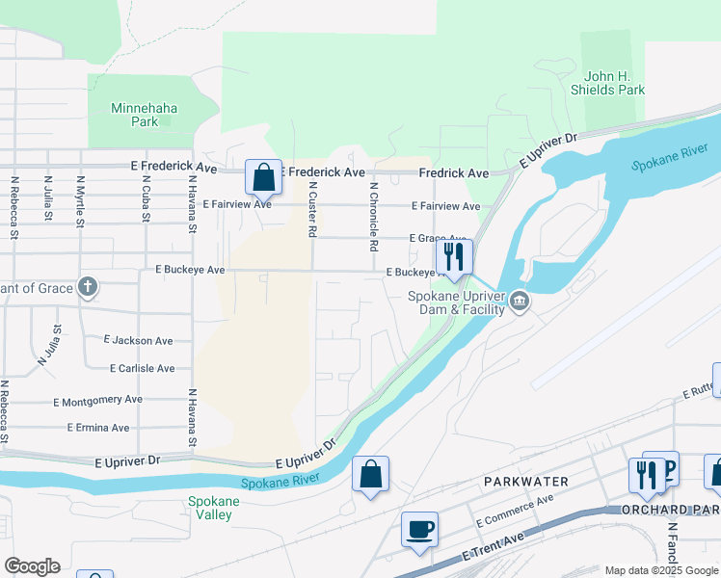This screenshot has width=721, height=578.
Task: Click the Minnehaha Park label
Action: coord(145,115)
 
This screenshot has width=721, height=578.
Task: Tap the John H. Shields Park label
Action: coord(614,83)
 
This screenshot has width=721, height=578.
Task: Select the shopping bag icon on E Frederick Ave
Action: coord(263,177)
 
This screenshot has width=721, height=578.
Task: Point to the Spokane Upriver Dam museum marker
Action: coord(520,302)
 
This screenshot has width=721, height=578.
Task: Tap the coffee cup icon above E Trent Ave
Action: coord(419,530)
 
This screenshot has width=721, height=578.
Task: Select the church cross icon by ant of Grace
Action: coord(88,286)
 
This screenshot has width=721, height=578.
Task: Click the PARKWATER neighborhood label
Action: coord(526,481)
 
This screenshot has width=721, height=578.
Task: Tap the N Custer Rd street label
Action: coord(312,213)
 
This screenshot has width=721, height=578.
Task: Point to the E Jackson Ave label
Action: coord(139,340)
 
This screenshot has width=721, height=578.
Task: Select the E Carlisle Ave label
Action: coord(143,368)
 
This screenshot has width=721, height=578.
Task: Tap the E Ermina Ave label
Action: coord(98,427)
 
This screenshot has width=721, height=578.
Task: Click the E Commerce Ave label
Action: coord(515,511)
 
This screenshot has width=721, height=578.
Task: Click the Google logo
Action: coord(32,566)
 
